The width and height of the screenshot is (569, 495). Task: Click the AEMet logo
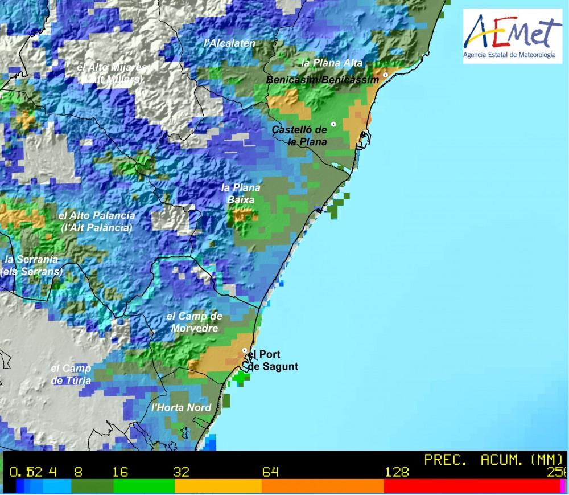[x=513, y=35]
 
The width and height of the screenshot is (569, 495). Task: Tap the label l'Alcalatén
[x=230, y=43]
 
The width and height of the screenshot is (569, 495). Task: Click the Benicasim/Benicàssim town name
[x=322, y=80]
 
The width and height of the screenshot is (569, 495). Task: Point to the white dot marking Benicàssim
[x=385, y=75]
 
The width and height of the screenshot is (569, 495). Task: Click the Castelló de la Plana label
[x=299, y=136]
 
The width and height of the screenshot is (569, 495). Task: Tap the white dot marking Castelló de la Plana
[x=333, y=124]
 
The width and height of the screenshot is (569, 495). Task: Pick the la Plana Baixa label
[x=241, y=194]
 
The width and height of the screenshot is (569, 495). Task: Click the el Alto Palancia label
[x=97, y=222]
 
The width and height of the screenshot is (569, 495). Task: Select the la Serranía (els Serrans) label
[x=33, y=265]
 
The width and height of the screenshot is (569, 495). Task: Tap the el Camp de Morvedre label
[x=194, y=322]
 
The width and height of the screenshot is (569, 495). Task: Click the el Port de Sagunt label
[x=273, y=360]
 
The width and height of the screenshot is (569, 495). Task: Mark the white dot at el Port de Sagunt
[x=245, y=350]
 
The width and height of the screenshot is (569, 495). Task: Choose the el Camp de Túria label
[x=71, y=374]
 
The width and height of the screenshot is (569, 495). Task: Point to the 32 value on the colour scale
[x=181, y=472]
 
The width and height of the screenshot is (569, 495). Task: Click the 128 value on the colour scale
[x=397, y=472]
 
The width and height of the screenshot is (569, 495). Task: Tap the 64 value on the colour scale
[x=270, y=472]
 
